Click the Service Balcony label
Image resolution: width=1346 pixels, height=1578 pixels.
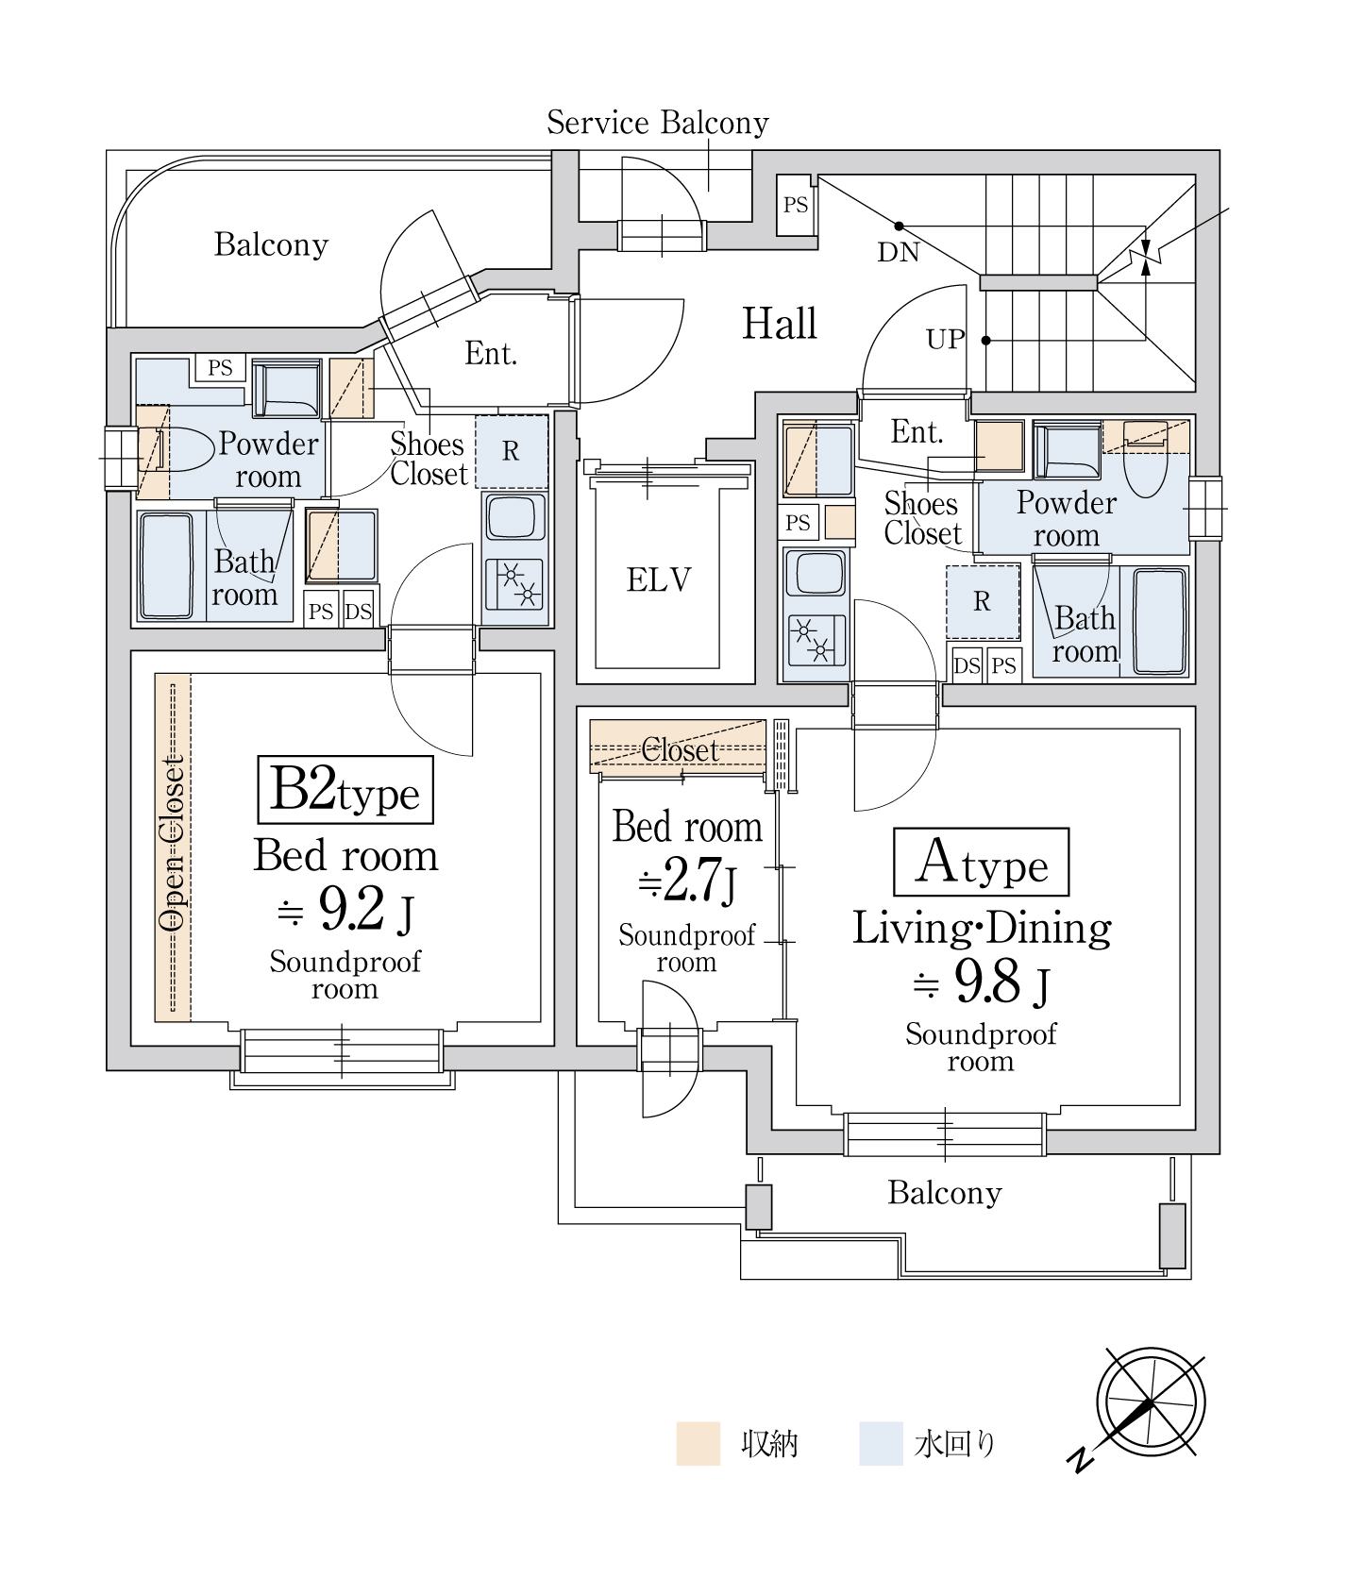(657, 123)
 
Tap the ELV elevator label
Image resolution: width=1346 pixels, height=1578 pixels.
(659, 579)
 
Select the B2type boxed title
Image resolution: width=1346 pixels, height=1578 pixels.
(345, 790)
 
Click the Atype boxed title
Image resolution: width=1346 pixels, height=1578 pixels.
(982, 863)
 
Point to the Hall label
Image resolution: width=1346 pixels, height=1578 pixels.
(780, 324)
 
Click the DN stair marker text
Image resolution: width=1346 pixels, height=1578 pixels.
(899, 252)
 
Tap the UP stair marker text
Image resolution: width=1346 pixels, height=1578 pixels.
(946, 340)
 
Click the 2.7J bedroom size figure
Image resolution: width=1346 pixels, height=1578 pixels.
(686, 881)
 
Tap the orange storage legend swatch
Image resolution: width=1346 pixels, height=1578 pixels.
(698, 1443)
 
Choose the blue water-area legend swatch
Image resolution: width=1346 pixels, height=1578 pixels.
(881, 1443)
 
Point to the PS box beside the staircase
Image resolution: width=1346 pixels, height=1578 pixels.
(796, 205)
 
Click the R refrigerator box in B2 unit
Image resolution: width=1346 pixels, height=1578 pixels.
(511, 451)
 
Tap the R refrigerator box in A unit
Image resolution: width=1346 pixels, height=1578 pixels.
(983, 601)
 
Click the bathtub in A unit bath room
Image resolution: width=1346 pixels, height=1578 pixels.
(1159, 621)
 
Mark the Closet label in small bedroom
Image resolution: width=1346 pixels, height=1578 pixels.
(680, 750)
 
